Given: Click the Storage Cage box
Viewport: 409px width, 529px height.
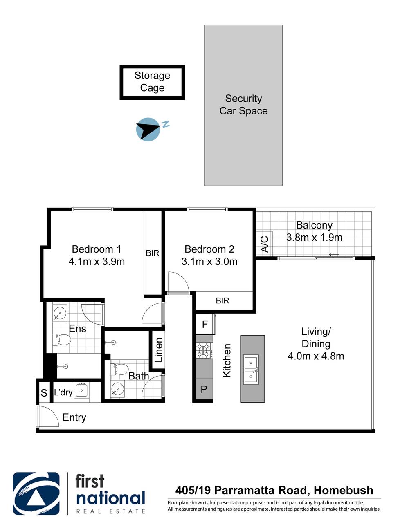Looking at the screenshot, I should tap(152, 82).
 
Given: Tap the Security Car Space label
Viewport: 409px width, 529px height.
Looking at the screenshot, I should tap(243, 105).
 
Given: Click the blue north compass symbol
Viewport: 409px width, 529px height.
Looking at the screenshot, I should tap(147, 129).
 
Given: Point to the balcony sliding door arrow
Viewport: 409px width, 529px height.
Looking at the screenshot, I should tap(334, 254).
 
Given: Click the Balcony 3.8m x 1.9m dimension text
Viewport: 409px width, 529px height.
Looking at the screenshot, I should tap(314, 238).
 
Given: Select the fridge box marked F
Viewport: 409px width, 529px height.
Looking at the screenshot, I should tap(205, 325).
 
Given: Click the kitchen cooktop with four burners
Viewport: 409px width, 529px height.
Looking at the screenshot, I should tap(204, 350).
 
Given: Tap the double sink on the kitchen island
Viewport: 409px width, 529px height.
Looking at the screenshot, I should tap(251, 370).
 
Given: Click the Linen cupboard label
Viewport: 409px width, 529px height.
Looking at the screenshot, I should tap(159, 350).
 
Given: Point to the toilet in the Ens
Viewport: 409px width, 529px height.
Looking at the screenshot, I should tap(62, 339).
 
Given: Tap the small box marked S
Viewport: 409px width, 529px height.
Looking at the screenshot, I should tap(44, 393).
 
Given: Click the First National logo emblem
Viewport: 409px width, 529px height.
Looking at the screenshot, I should tap(36, 493).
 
